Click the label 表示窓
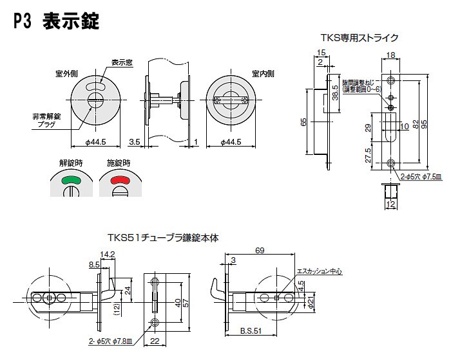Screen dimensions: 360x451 point(122,63)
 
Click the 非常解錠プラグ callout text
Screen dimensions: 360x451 point(46,120)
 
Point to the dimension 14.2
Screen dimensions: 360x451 point(108,253)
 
